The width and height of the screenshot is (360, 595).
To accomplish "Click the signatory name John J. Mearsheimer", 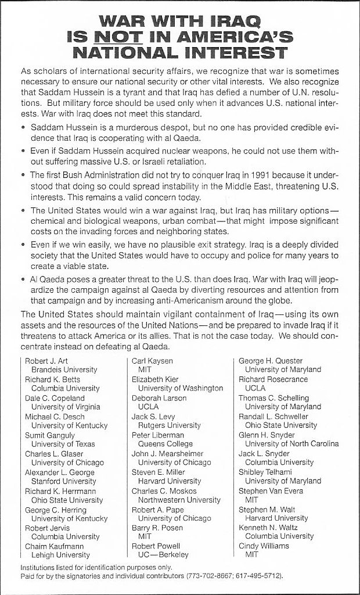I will click(x=167, y=453).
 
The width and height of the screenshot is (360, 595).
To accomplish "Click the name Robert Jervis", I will click(x=47, y=528).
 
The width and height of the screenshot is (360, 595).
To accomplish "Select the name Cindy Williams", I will click(x=264, y=546).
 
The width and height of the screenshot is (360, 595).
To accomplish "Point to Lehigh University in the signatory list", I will click(x=60, y=555).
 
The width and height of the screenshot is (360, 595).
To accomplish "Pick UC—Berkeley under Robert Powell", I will click(x=163, y=555).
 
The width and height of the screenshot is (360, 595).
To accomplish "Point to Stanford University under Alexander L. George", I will click(x=63, y=481).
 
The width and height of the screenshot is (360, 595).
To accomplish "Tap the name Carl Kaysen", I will click(x=152, y=361).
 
